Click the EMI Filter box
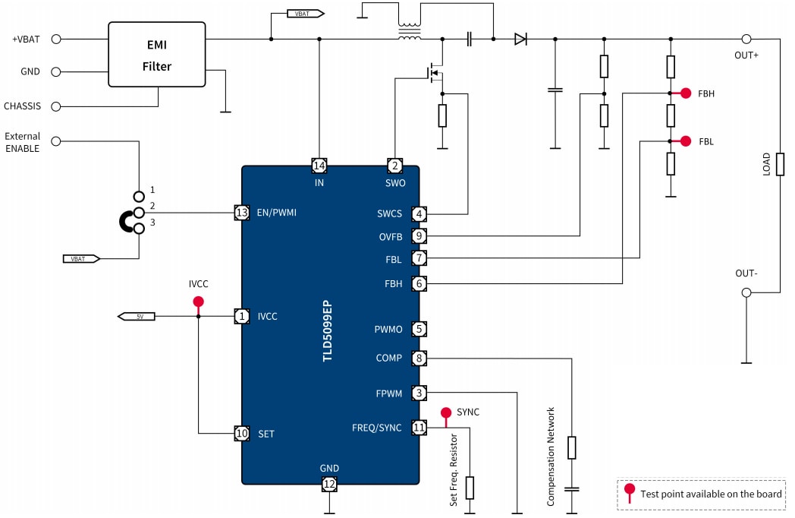(x=157, y=54)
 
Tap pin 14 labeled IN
(x=319, y=166)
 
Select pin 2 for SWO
(x=394, y=166)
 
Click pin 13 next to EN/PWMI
(x=242, y=213)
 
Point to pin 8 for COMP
(x=419, y=358)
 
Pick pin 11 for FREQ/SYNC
(x=419, y=428)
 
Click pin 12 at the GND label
(x=329, y=484)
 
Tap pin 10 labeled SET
(x=242, y=434)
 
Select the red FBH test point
(x=686, y=93)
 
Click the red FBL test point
(x=686, y=141)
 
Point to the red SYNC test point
(x=446, y=412)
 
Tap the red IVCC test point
(x=199, y=302)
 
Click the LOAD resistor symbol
(x=779, y=163)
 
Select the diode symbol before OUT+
(x=520, y=39)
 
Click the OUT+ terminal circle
(x=746, y=39)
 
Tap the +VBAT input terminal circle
(x=55, y=39)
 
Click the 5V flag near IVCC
(x=137, y=316)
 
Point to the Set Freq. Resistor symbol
(x=470, y=488)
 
